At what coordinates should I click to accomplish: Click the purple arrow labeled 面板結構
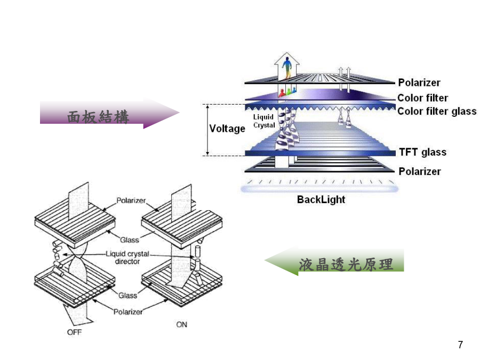109,113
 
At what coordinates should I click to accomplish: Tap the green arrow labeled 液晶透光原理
334,262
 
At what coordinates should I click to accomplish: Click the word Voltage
227,129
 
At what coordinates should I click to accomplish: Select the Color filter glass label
437,111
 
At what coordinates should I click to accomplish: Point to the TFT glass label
423,152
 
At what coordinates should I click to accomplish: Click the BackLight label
321,199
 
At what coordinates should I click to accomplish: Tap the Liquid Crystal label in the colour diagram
263,121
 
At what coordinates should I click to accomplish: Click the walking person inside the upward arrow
287,68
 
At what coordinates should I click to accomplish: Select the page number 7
460,345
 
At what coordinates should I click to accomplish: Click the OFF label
74,332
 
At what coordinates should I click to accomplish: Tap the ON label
181,324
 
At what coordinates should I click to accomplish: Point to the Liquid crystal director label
127,258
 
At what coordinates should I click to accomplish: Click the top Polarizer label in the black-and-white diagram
131,201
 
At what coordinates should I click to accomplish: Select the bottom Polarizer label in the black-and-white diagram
128,312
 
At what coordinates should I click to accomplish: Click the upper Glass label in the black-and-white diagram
129,240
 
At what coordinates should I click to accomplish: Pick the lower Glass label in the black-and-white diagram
127,295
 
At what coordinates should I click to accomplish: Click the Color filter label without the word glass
422,98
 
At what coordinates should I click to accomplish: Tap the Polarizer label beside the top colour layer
419,83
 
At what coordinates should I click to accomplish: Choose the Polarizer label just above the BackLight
420,171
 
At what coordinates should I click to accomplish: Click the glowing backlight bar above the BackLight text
319,189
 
